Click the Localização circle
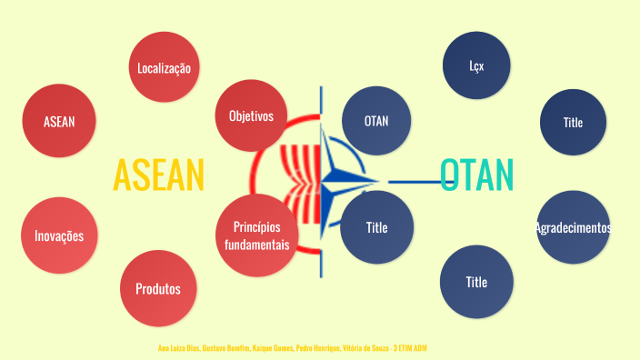[x=165, y=67]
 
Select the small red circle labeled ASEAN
[x=59, y=122]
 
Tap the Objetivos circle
[x=251, y=115]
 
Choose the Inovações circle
[x=59, y=235]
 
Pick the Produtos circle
[x=158, y=289]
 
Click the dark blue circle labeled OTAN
[x=376, y=121]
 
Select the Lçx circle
[x=476, y=66]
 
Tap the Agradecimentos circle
[x=573, y=227]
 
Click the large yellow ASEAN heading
[x=158, y=175]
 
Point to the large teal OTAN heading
[x=476, y=175]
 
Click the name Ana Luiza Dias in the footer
[x=178, y=348]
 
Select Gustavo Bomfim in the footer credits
[x=225, y=348]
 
